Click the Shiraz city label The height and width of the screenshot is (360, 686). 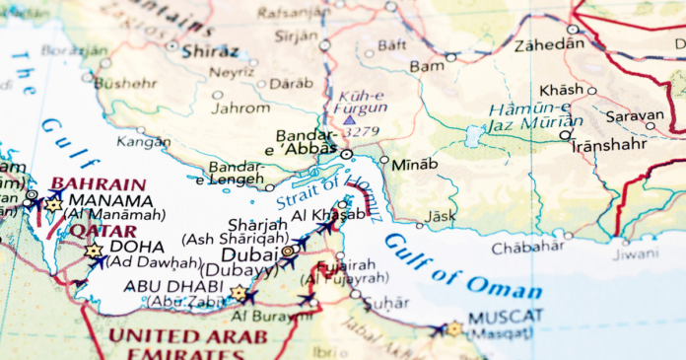pos(209,49)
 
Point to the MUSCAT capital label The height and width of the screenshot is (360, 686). pos(506,317)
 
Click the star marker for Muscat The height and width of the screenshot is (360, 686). pos(453,328)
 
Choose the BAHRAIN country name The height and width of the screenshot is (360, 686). pos(98,183)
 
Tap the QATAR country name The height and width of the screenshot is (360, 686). pos(90,231)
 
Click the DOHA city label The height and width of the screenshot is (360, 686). pos(137,247)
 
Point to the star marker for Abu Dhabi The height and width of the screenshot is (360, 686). pos(238,293)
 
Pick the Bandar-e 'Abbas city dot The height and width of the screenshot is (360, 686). pos(346,155)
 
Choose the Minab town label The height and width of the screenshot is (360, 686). pos(414,164)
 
